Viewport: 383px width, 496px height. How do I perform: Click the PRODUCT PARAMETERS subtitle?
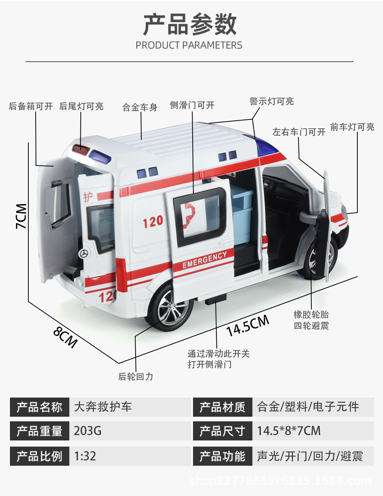pyautogui.click(x=189, y=45)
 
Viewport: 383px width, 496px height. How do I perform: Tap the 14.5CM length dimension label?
pyautogui.click(x=247, y=326)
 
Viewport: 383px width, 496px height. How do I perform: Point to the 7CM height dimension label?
pyautogui.click(x=21, y=216)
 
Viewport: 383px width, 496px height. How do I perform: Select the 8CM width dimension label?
pyautogui.click(x=65, y=336)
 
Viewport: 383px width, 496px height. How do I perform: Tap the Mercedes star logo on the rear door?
pyautogui.click(x=83, y=253)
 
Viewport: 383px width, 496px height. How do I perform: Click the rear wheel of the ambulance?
pyautogui.click(x=169, y=308)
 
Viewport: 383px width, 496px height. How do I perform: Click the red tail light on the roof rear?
pyautogui.click(x=82, y=149)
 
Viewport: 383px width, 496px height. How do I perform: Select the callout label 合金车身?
pyautogui.click(x=140, y=108)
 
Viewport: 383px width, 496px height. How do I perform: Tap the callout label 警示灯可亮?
pyautogui.click(x=272, y=101)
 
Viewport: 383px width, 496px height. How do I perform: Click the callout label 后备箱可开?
pyautogui.click(x=31, y=106)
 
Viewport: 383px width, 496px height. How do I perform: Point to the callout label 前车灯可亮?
pyautogui.click(x=352, y=127)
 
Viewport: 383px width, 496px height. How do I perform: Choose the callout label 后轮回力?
pyautogui.click(x=136, y=377)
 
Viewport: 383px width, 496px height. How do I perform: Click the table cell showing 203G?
pyautogui.click(x=88, y=431)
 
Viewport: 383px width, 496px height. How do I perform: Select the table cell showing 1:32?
pyautogui.click(x=85, y=456)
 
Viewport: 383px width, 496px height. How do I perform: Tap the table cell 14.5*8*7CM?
pyautogui.click(x=289, y=431)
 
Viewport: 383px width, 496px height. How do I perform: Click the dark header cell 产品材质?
pyautogui.click(x=223, y=407)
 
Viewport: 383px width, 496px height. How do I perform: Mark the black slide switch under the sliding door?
pyautogui.click(x=215, y=300)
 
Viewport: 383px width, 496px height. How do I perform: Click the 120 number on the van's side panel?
pyautogui.click(x=153, y=221)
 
